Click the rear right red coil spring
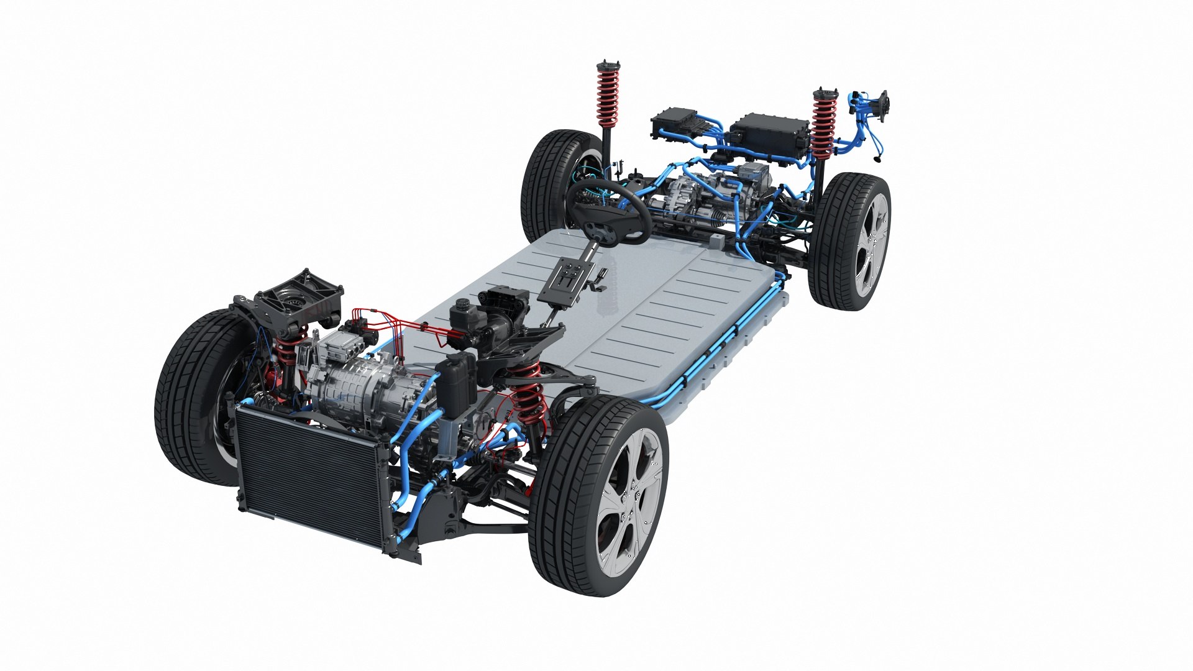(824, 124)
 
